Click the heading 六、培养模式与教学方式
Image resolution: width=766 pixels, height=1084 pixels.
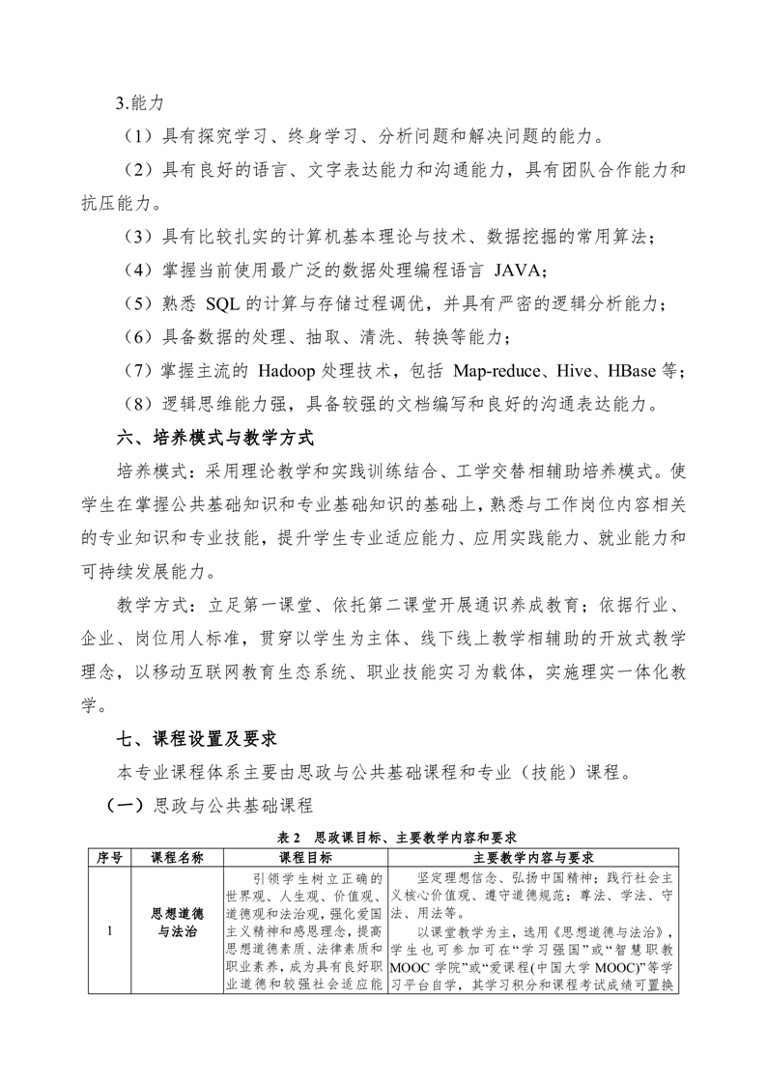214,438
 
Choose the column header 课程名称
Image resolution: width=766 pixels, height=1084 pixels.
178,857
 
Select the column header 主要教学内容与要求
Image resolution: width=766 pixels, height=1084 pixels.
533,857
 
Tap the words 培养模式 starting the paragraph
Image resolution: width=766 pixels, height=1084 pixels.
149,471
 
